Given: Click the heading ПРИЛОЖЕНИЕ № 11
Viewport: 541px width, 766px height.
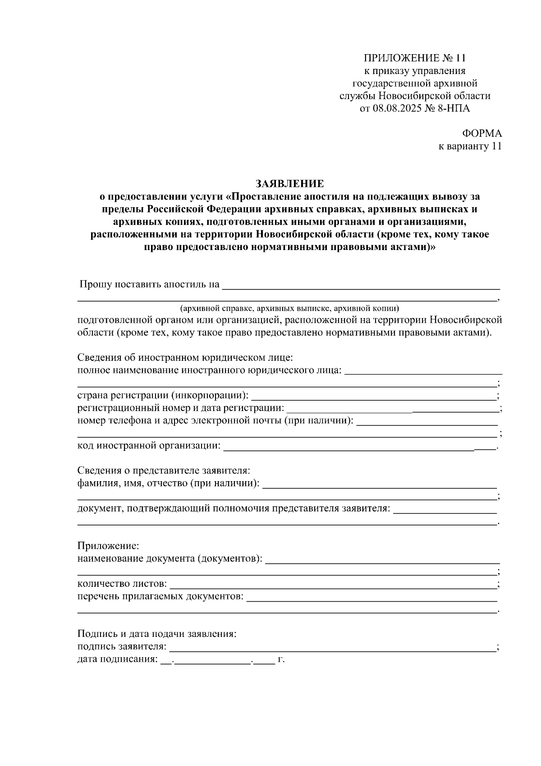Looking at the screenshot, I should coord(414,58).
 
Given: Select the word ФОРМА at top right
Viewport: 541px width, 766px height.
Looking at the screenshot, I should coord(482,134).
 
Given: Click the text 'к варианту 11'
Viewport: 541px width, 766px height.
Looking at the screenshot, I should coord(470,146).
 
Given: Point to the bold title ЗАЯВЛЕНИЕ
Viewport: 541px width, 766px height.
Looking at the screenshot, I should coord(289,184).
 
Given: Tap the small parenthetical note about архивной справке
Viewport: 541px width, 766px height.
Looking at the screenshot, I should coord(289,309).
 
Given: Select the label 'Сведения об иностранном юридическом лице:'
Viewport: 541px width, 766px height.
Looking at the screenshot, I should coord(185,358).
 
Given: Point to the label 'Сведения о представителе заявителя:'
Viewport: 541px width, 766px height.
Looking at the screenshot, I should coord(164,471).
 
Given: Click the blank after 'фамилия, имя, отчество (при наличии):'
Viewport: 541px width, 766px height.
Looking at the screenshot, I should coord(379,484).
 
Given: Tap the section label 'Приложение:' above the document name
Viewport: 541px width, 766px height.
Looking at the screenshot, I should coord(109,546).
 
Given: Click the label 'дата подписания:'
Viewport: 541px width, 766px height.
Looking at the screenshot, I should coord(118,660).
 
